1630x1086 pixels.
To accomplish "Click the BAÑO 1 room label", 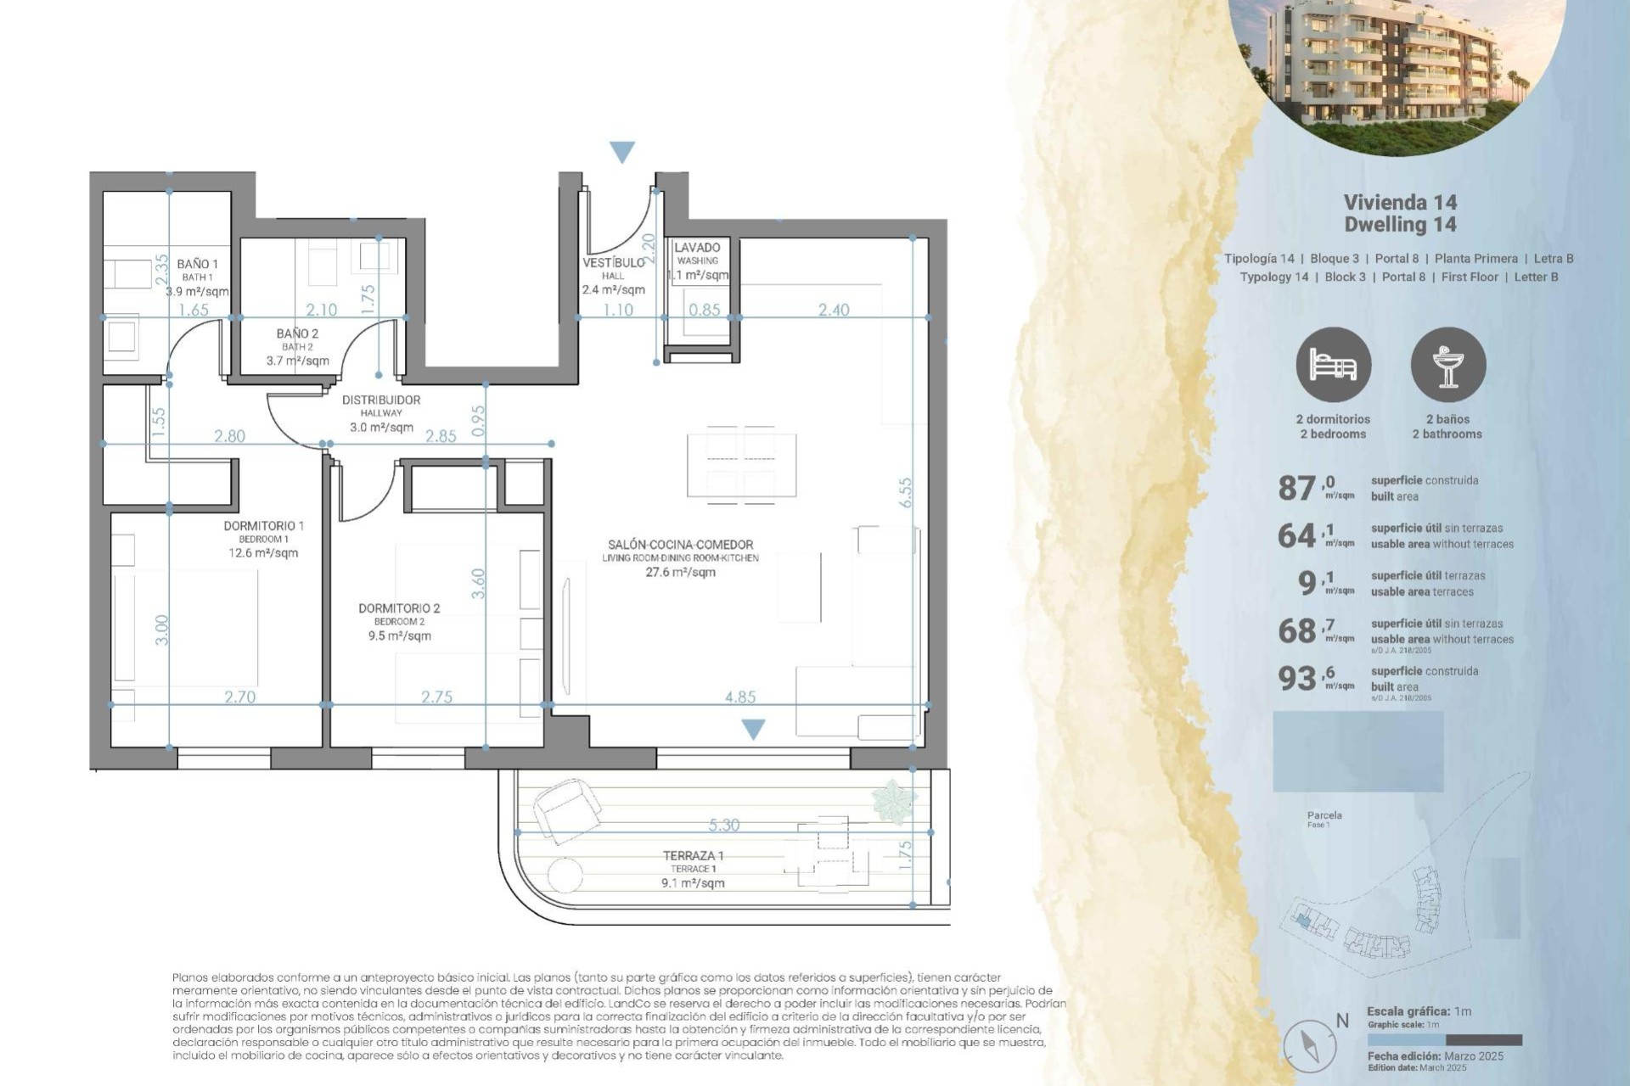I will [197, 264].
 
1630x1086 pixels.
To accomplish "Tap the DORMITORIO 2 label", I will [399, 608].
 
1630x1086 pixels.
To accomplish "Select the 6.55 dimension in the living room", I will [906, 492].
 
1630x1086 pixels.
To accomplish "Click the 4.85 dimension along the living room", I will [740, 697].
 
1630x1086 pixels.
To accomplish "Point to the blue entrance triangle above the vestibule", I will [622, 152].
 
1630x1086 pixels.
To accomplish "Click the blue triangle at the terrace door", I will [753, 729].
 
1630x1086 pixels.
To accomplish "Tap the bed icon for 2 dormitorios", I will [1333, 365].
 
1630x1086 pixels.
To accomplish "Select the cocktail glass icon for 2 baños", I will [1447, 365].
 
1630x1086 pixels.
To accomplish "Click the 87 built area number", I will [1297, 488].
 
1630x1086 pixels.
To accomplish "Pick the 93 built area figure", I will [1297, 678].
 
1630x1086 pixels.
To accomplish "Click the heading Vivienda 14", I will [1400, 202].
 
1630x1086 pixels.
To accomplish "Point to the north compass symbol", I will [1310, 1044].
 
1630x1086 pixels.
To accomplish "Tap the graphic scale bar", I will [1444, 1040].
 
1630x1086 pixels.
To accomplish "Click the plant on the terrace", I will [894, 800].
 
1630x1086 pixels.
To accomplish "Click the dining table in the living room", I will [741, 465].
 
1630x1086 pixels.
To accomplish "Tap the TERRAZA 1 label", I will [693, 855].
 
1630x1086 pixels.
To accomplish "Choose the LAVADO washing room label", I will [697, 248].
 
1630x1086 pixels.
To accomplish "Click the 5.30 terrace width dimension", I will [723, 825].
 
